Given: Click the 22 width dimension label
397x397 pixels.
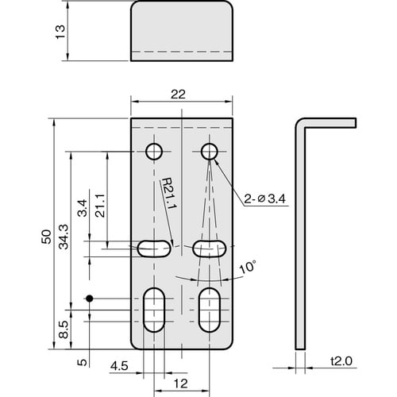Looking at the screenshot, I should [x=179, y=94].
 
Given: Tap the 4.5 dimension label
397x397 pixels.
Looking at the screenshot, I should [x=118, y=366].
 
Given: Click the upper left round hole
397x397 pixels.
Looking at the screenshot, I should [x=152, y=151].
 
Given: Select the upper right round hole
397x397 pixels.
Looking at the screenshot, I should [x=210, y=151].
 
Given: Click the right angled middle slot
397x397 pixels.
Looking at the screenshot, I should [x=209, y=248].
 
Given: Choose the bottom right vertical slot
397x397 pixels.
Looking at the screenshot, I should [x=210, y=310].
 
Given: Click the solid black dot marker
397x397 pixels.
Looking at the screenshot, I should [x=90, y=299].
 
